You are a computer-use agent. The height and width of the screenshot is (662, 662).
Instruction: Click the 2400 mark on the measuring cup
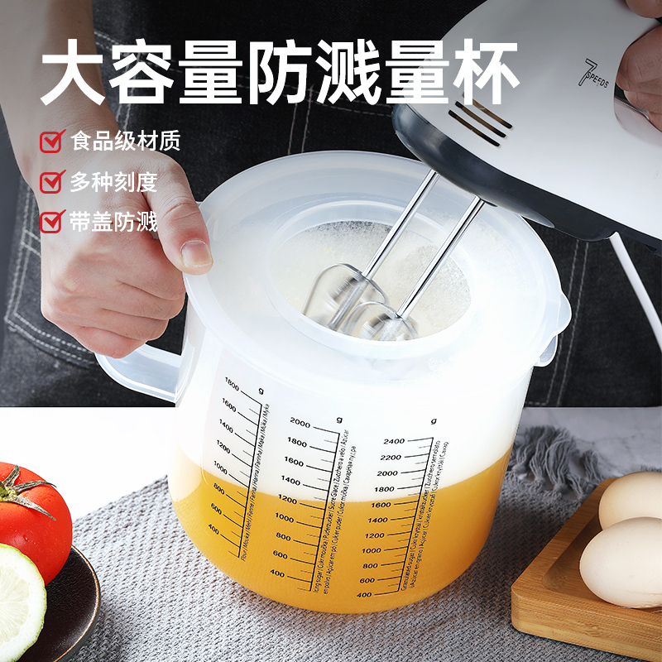(x=393, y=441)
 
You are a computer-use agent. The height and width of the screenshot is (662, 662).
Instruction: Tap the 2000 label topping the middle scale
(x=300, y=424)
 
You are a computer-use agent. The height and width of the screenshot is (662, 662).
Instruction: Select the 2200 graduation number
(x=390, y=457)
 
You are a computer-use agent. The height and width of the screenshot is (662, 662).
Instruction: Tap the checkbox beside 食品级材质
(x=52, y=140)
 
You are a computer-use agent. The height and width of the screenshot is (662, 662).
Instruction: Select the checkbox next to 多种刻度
(x=52, y=180)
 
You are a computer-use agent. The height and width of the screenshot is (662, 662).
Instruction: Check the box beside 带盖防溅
(x=52, y=221)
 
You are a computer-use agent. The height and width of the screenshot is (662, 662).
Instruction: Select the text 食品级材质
(x=125, y=140)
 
